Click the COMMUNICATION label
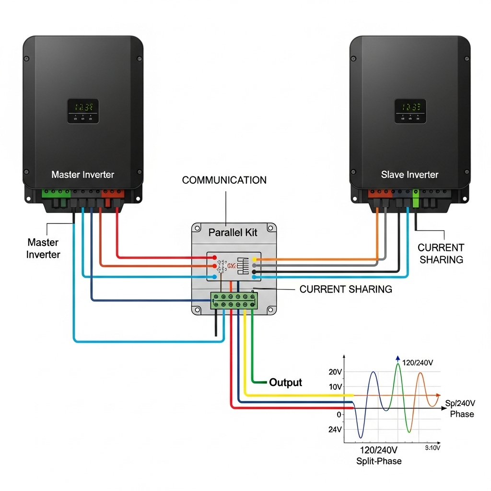click(x=224, y=180)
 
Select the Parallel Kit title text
click(x=233, y=233)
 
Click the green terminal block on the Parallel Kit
click(x=234, y=301)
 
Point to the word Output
click(x=286, y=382)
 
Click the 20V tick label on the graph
click(x=335, y=372)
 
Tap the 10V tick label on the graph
click(x=335, y=387)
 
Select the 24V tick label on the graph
click(x=335, y=430)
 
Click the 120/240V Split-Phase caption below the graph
click(x=379, y=456)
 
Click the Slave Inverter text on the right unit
click(x=409, y=175)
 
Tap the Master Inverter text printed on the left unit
click(x=83, y=175)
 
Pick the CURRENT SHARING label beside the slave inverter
click(x=441, y=254)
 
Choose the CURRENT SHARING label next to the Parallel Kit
click(x=346, y=289)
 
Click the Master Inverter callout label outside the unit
click(x=43, y=248)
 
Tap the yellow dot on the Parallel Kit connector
click(x=254, y=259)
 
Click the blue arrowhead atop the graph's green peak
click(x=397, y=358)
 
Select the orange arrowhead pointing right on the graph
click(x=438, y=395)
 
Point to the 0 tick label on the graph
click(x=339, y=414)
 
